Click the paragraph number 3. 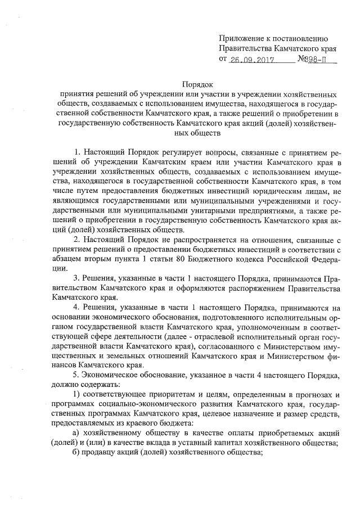tap(76, 280)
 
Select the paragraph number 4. tap(76, 309)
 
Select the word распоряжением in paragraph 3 tap(245, 289)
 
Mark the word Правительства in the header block tap(246, 48)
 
